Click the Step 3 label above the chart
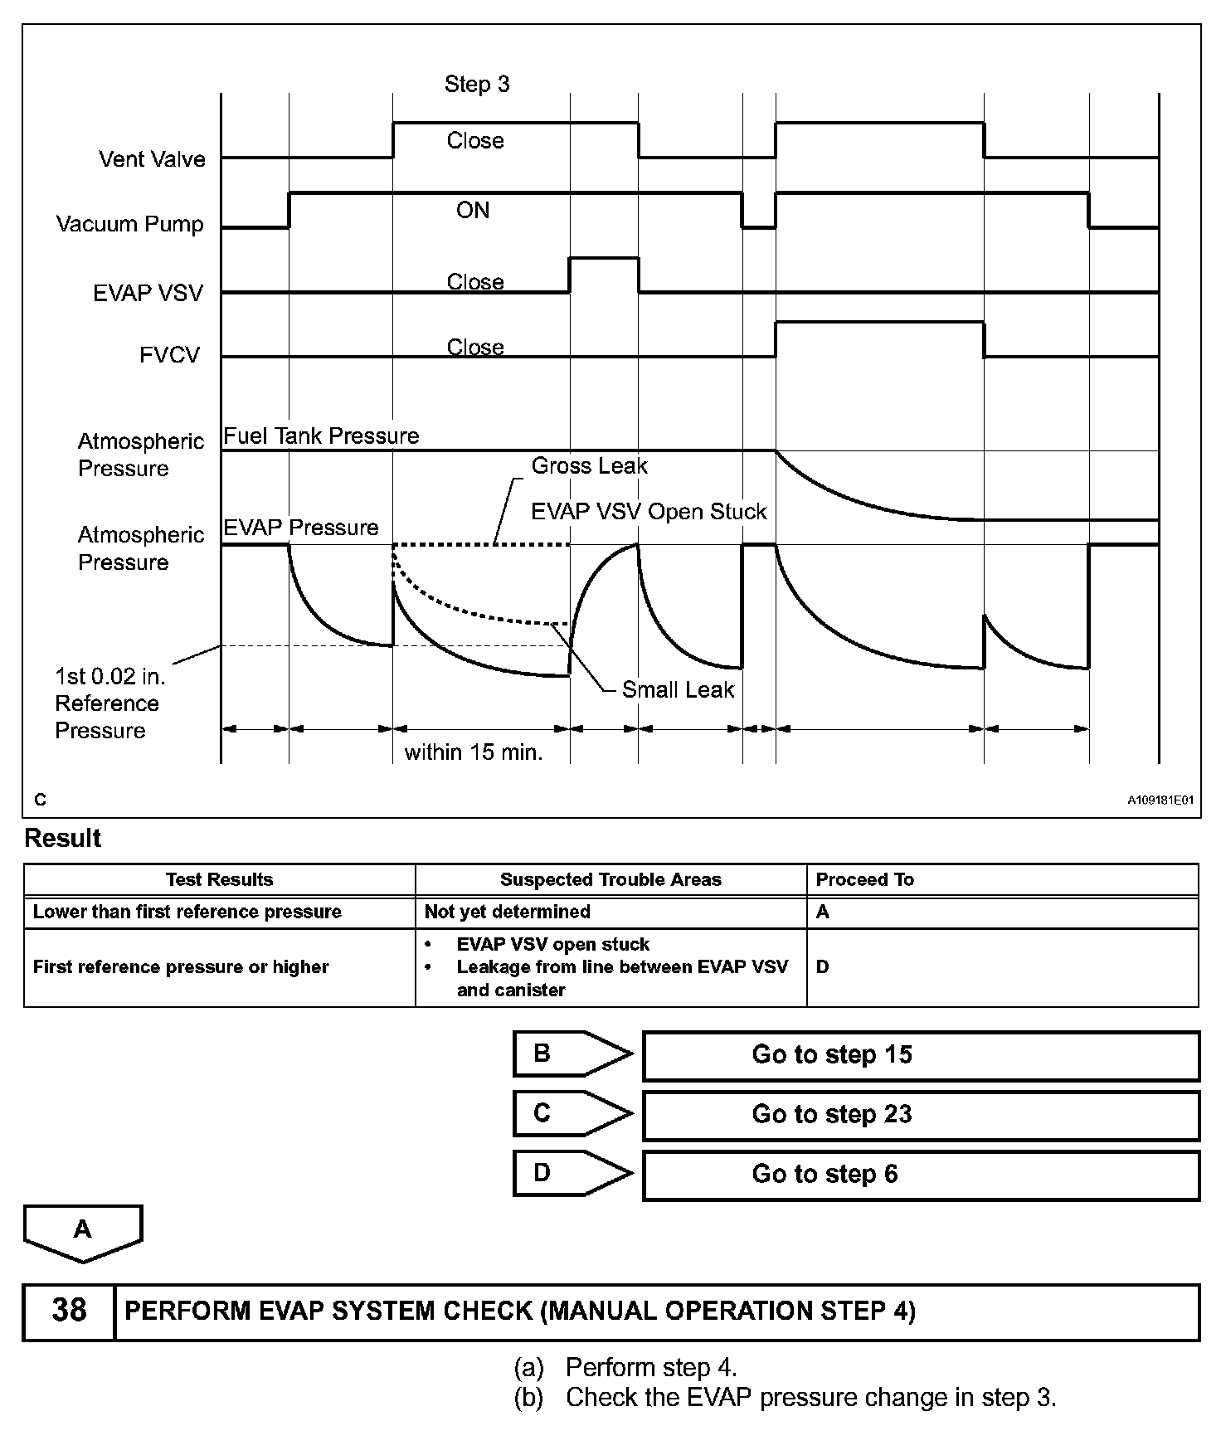point(477,84)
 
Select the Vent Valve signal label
point(152,159)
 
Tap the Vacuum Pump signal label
point(129,224)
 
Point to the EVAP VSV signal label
point(148,293)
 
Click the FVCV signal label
point(169,356)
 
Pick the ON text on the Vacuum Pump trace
point(473,211)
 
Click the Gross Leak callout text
point(589,466)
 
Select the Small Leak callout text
point(678,689)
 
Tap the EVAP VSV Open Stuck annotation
point(649,512)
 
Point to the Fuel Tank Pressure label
point(321,436)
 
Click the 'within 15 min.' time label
point(474,752)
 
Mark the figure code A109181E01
point(1160,800)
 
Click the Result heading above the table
point(63,839)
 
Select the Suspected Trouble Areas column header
point(610,879)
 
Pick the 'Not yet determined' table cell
point(508,912)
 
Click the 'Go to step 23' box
point(921,1114)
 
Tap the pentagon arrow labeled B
point(572,1054)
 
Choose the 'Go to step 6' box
point(921,1174)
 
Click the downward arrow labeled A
point(83,1231)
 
